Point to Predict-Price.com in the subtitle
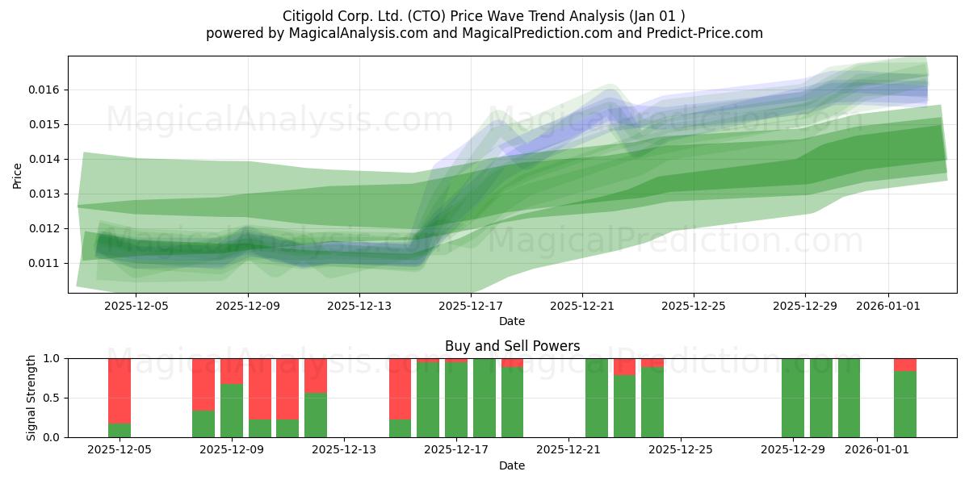[705, 33]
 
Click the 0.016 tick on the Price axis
[43, 90]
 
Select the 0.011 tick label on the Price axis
[43, 263]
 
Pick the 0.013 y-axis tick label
[43, 194]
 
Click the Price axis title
[17, 176]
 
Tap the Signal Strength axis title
[31, 398]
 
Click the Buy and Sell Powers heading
[512, 346]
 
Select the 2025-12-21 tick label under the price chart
[582, 306]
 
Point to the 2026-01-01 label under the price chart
[888, 306]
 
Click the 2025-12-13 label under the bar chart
[344, 450]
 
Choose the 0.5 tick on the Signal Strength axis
[51, 398]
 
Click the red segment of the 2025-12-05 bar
[120, 390]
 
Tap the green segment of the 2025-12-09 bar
[232, 411]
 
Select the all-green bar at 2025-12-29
[793, 398]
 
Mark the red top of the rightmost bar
[905, 365]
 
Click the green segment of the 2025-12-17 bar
[456, 400]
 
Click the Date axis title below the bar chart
[512, 466]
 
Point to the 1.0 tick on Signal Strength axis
[51, 359]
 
